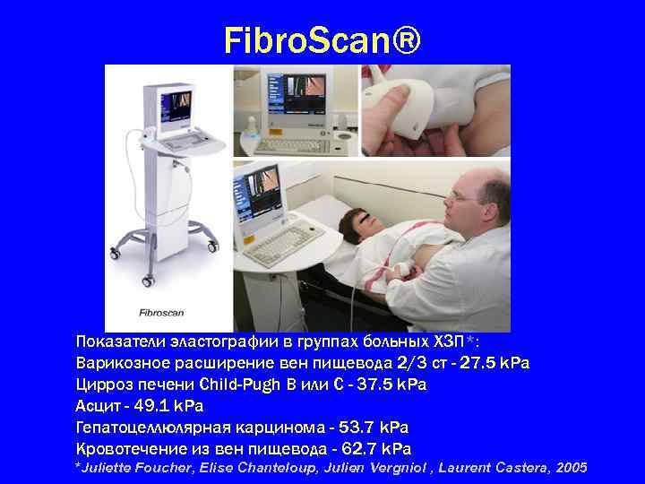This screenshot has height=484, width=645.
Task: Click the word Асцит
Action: click(x=98, y=406)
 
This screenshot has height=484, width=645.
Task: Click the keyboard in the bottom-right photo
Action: click(x=285, y=240)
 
